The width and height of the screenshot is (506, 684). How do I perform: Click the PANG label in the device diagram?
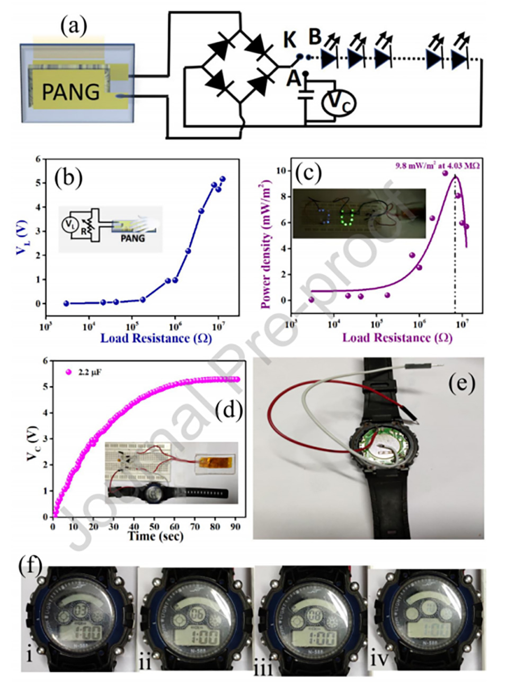pos(70,92)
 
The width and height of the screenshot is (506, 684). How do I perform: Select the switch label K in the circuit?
pos(289,39)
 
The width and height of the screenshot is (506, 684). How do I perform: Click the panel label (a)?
pos(74,25)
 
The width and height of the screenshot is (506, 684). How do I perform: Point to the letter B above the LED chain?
pos(315,38)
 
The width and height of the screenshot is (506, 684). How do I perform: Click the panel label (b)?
pos(68,178)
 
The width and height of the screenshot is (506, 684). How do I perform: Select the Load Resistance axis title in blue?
pos(156,338)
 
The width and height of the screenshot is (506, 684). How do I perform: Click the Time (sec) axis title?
pos(155,536)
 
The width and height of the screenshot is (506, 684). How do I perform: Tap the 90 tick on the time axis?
pos(236,527)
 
